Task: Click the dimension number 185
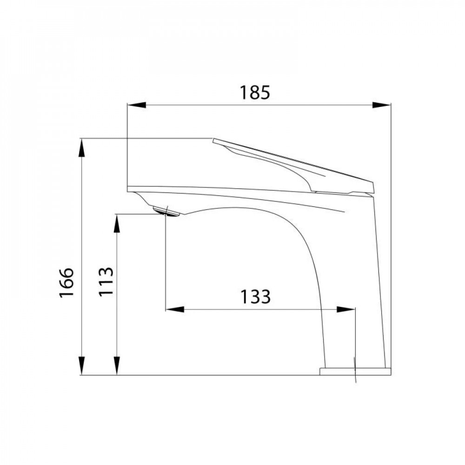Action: click(255, 93)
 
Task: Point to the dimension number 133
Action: click(255, 296)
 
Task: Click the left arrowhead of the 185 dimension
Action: click(136, 105)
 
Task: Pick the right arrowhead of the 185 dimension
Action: click(382, 105)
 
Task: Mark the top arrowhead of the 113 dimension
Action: click(117, 223)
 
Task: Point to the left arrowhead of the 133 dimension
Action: click(175, 309)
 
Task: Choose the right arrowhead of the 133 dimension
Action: click(346, 309)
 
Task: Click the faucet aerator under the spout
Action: click(166, 212)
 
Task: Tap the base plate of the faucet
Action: click(355, 371)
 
